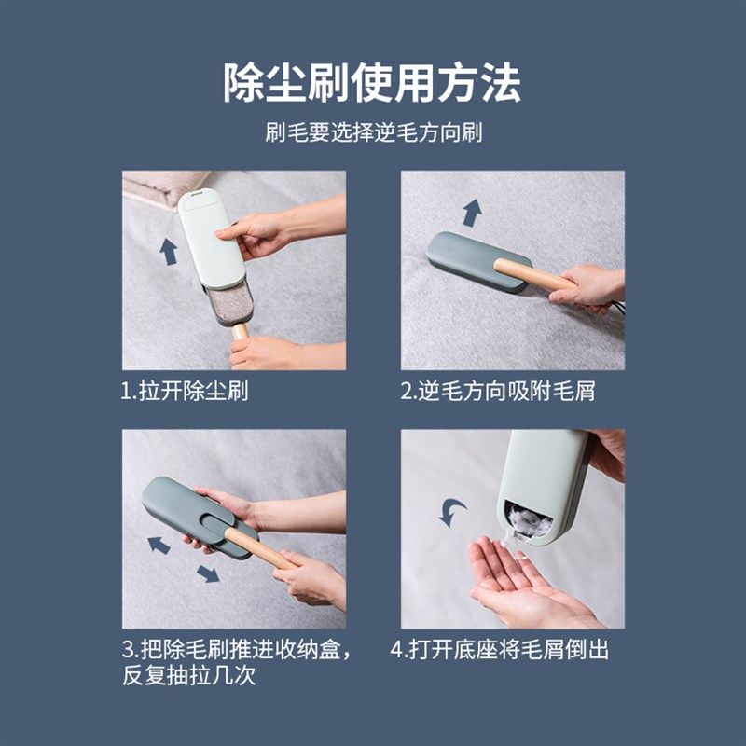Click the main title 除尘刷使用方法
point(372,83)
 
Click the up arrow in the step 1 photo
point(169,251)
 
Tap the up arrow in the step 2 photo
point(472,213)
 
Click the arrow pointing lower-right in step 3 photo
point(207,573)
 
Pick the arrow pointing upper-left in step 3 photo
point(159,545)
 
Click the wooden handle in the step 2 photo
point(532,274)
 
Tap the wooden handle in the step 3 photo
point(261,549)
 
